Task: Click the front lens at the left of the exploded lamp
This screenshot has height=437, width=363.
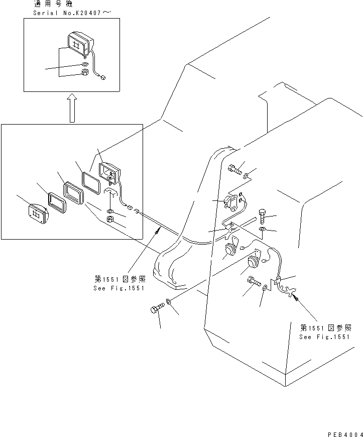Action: click(38, 214)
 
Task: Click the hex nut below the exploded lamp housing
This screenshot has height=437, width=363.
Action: click(110, 219)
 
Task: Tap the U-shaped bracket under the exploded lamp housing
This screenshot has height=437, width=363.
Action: click(110, 191)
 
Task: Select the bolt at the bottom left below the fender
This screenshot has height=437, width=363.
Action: click(157, 309)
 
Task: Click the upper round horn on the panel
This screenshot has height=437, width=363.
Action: click(231, 250)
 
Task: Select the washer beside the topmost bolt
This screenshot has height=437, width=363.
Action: click(246, 176)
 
